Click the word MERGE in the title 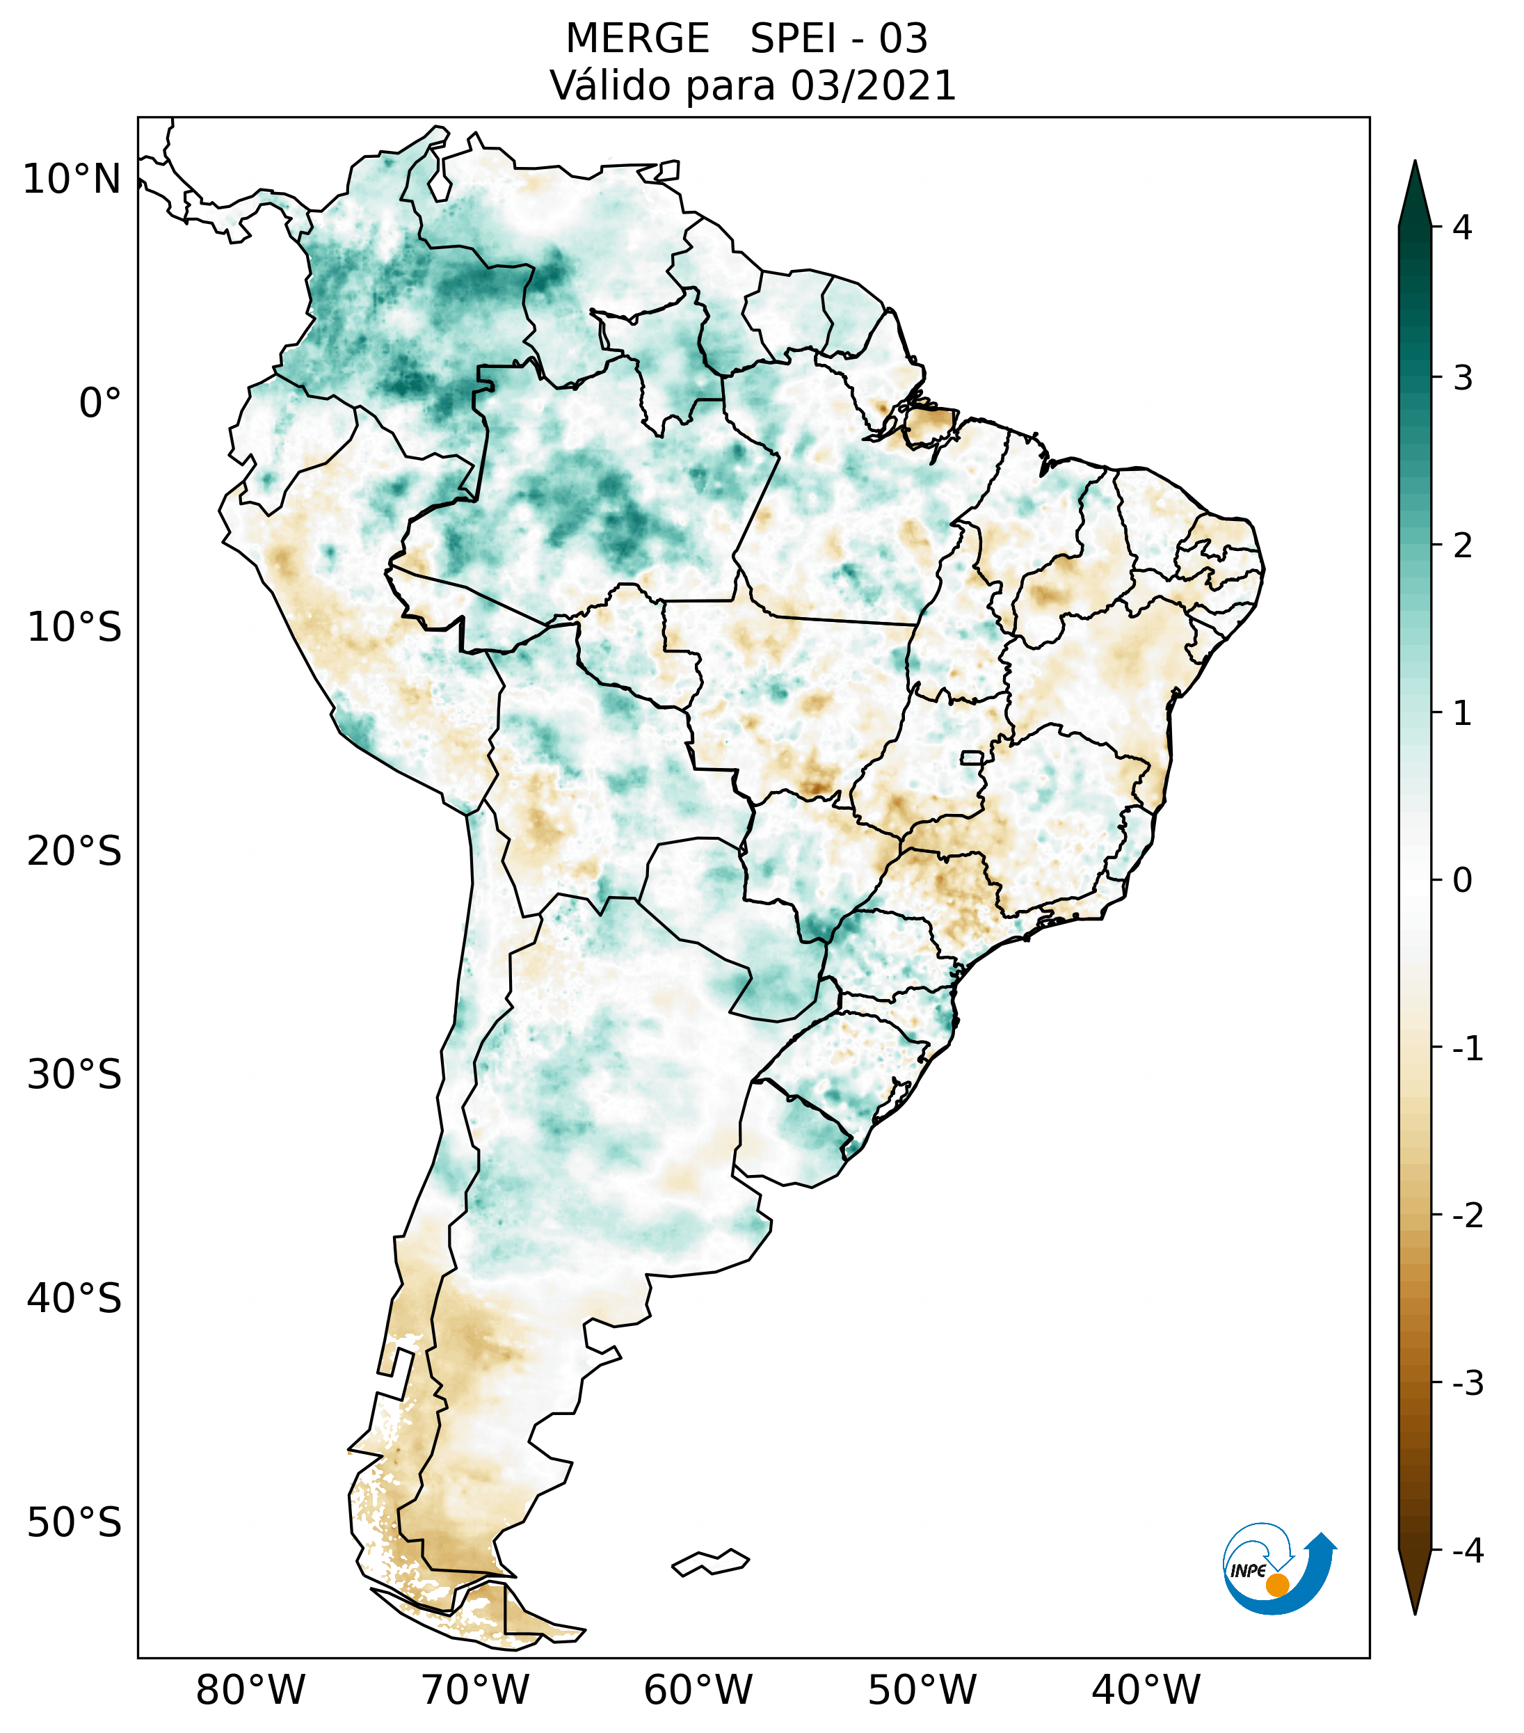(636, 39)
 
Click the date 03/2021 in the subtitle (873, 86)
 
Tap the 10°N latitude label (71, 179)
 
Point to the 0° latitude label (100, 404)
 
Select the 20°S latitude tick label (74, 852)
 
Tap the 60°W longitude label (698, 1690)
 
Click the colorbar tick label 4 (1462, 227)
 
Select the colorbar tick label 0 (1462, 881)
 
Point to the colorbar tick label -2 (1467, 1216)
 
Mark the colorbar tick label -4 (1467, 1551)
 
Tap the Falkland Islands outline (710, 1563)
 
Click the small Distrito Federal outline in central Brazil (973, 757)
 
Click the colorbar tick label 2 (1462, 546)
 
